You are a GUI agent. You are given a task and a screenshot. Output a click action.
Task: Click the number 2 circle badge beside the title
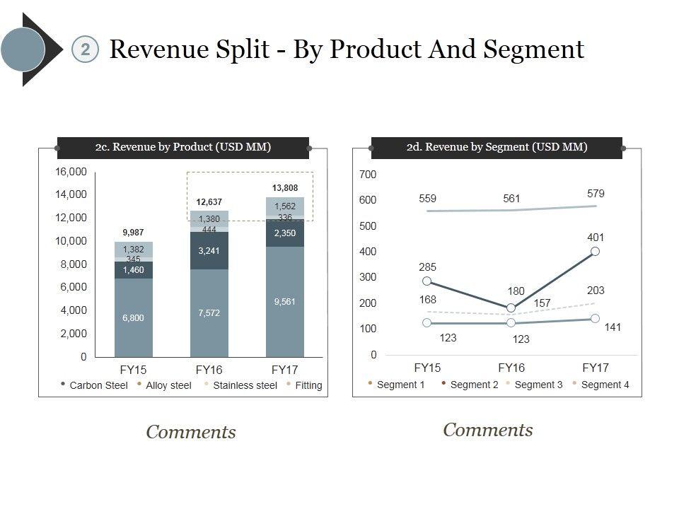85,49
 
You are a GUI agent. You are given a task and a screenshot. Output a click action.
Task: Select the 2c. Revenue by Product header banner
183,147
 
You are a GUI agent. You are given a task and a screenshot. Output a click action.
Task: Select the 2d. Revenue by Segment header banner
497,147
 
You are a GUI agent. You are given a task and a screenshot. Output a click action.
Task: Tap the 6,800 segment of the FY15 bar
133,317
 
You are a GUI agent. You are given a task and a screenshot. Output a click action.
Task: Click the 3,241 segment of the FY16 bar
209,250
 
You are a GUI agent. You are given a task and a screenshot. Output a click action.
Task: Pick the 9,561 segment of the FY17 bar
284,302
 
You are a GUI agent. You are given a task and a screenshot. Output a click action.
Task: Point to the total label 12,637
209,202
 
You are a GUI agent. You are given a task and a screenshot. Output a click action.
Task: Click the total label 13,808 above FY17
285,188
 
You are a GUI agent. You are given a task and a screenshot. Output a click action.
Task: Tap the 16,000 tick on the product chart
71,172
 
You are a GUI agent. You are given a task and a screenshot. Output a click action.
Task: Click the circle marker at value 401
596,251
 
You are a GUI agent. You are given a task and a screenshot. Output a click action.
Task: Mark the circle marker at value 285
427,281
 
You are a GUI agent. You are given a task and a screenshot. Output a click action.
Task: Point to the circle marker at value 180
511,308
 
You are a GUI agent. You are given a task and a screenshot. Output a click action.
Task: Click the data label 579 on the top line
596,193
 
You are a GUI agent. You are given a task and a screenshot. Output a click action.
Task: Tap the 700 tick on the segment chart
370,174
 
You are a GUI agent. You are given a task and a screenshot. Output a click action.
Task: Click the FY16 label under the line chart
511,368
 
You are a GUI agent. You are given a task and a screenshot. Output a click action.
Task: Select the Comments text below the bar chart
191,432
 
